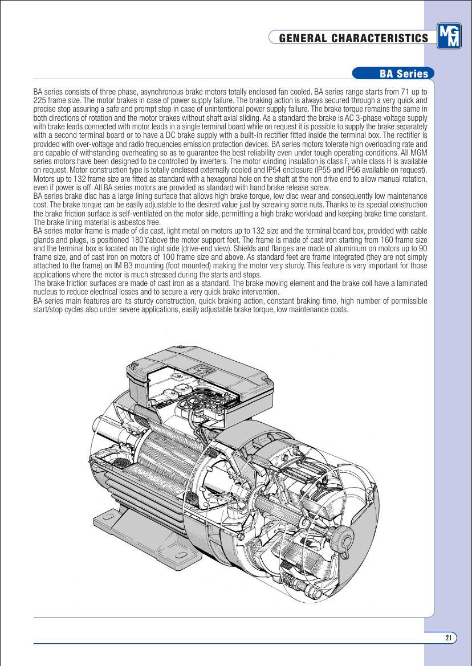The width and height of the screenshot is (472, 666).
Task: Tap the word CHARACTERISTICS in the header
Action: (379, 38)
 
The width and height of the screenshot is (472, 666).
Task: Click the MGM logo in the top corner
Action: (449, 36)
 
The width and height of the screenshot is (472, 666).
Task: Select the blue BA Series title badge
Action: (393, 73)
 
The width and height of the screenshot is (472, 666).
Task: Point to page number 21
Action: (449, 638)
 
